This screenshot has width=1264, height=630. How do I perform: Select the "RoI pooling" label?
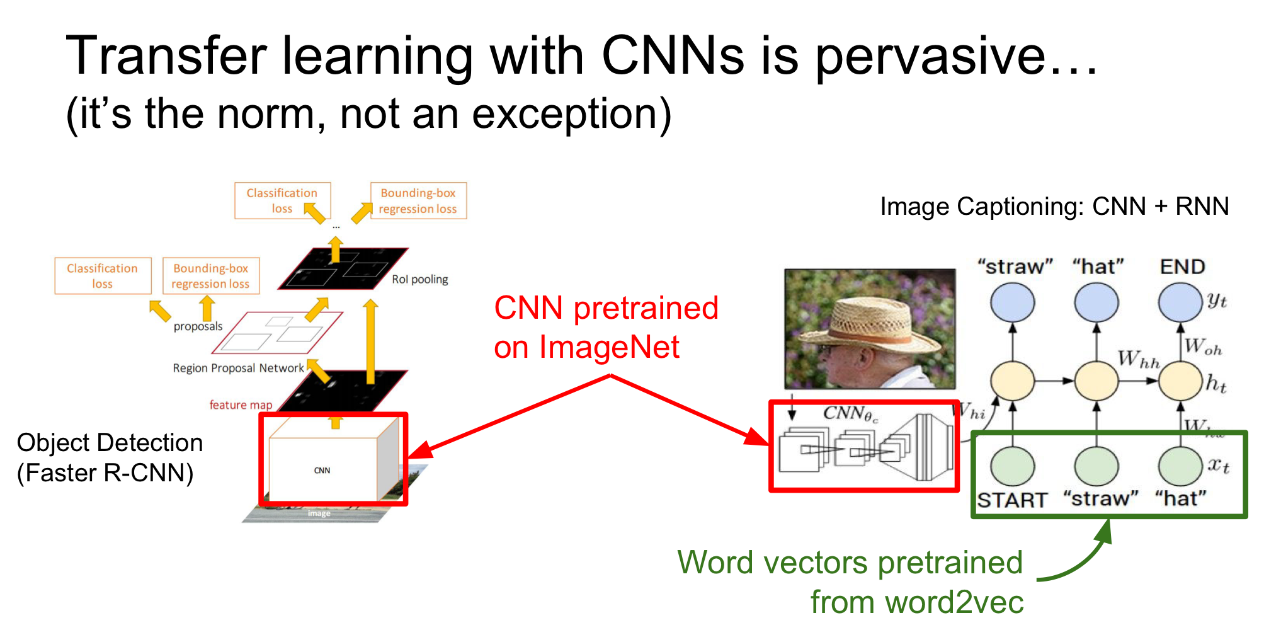pyautogui.click(x=420, y=279)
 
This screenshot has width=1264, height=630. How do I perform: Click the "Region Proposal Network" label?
pyautogui.click(x=238, y=368)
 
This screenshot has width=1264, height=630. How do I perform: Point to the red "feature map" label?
pyautogui.click(x=241, y=405)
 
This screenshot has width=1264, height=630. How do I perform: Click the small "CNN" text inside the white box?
pyautogui.click(x=322, y=471)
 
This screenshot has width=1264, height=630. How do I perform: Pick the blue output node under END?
pyautogui.click(x=1180, y=302)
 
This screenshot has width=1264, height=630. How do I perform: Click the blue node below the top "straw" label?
pyautogui.click(x=1012, y=302)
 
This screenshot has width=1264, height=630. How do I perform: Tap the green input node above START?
pyautogui.click(x=1012, y=466)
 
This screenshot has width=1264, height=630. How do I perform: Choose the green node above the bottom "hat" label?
pyautogui.click(x=1180, y=466)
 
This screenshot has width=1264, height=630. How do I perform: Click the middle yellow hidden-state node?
pyautogui.click(x=1096, y=381)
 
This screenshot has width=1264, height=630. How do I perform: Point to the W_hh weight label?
pyautogui.click(x=1139, y=360)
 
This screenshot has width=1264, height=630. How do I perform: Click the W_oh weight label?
pyautogui.click(x=1202, y=347)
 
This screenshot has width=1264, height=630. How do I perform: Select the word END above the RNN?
pyautogui.click(x=1182, y=267)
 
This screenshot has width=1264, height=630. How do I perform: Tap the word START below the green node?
pyautogui.click(x=1011, y=500)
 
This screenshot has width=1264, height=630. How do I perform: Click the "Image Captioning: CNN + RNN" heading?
pyautogui.click(x=1054, y=207)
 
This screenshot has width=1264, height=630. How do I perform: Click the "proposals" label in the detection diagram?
pyautogui.click(x=198, y=326)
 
